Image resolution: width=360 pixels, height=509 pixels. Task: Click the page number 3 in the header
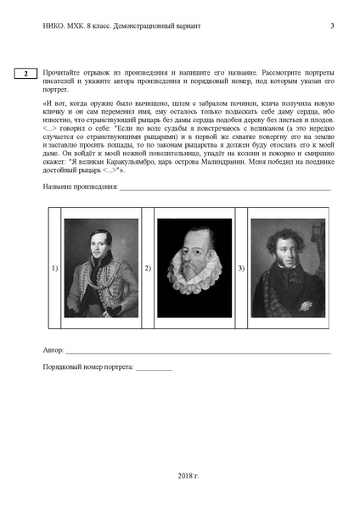(x=331, y=26)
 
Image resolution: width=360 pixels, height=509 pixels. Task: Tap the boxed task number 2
(x=26, y=75)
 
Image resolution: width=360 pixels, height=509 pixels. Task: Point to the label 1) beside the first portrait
(x=54, y=269)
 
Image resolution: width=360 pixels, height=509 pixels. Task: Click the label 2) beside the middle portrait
(x=149, y=269)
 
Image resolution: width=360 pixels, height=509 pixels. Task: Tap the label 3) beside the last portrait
(x=242, y=269)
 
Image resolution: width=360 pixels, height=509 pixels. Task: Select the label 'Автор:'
(x=53, y=350)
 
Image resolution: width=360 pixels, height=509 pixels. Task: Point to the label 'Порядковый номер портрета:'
(x=87, y=367)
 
